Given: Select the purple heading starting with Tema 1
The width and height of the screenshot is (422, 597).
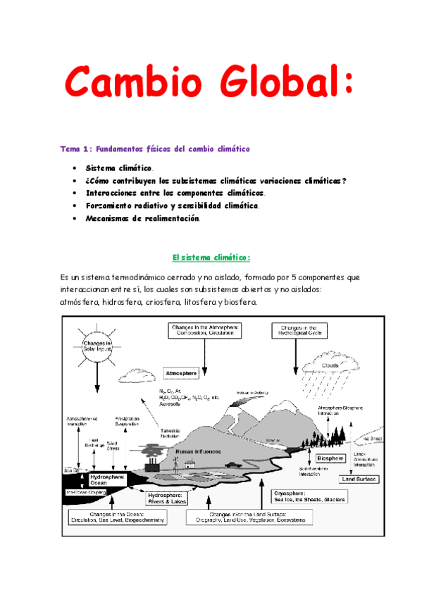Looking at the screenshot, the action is (x=155, y=149).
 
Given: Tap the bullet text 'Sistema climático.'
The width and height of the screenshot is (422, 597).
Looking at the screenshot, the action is (x=119, y=168).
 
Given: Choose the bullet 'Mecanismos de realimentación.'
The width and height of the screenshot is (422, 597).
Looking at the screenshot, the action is (x=143, y=218).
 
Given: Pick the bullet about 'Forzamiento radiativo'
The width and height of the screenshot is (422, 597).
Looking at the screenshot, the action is (x=173, y=206).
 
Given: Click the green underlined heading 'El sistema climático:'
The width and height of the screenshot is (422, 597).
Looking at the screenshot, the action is (x=211, y=258).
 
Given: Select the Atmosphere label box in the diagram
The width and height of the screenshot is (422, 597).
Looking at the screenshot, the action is (x=182, y=372).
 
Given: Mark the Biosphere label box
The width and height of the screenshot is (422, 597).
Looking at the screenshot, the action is (x=330, y=458).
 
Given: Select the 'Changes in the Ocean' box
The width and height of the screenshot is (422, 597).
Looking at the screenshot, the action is (x=118, y=517).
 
